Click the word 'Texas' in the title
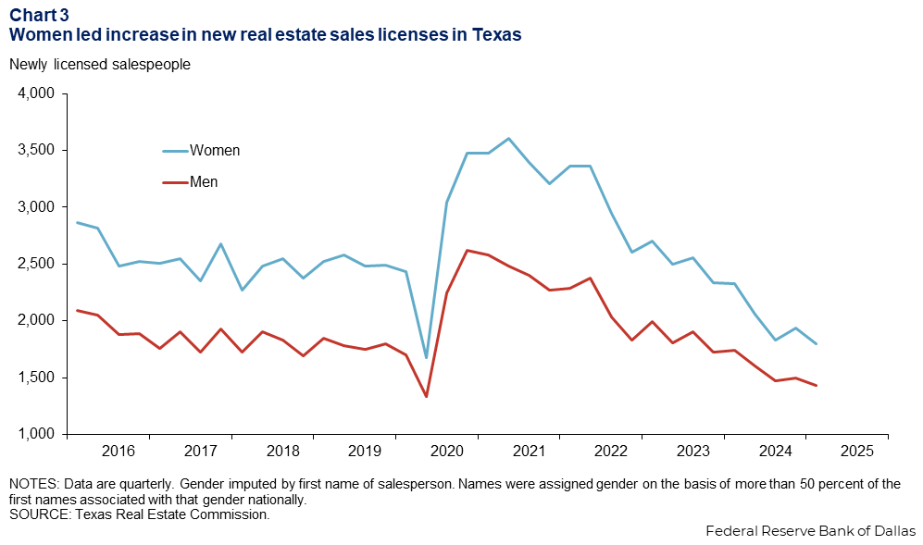pyautogui.click(x=497, y=34)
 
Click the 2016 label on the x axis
pyautogui.click(x=118, y=451)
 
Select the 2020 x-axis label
pyautogui.click(x=447, y=451)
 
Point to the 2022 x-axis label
pyautogui.click(x=611, y=451)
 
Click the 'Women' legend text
pyautogui.click(x=215, y=151)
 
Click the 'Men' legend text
pyautogui.click(x=204, y=182)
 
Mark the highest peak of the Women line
pyautogui.click(x=508, y=139)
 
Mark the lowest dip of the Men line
pyautogui.click(x=426, y=396)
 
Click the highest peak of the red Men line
pyautogui.click(x=468, y=250)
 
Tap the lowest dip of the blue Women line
pyautogui.click(x=426, y=357)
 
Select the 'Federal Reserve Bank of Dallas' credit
pyautogui.click(x=810, y=531)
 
